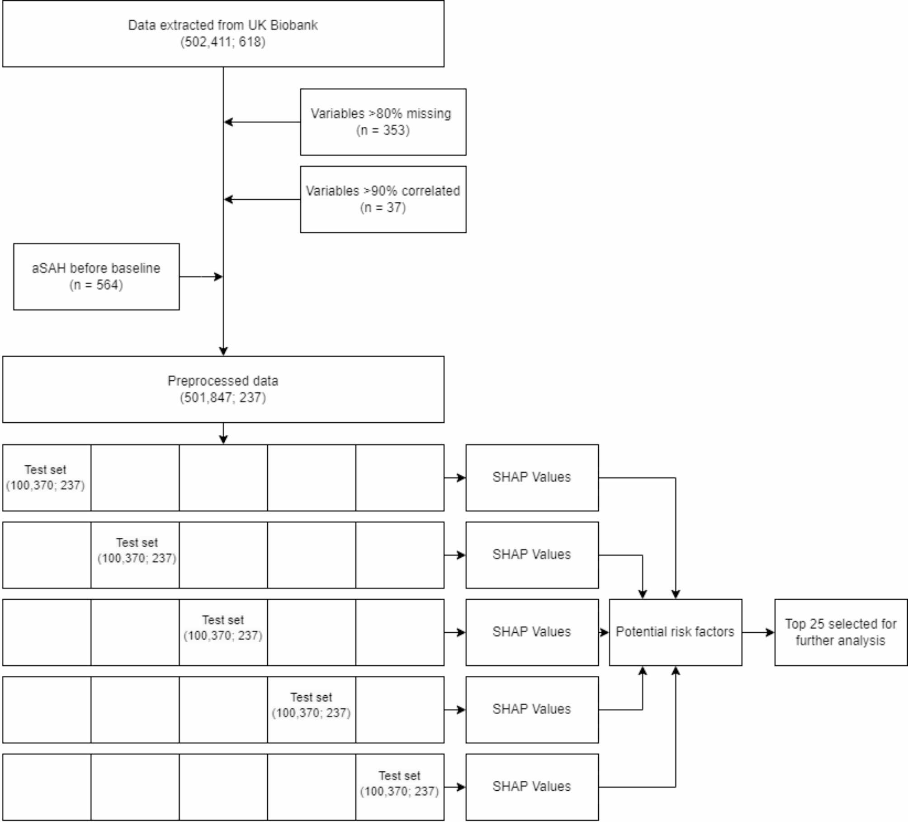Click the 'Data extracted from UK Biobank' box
click(223, 33)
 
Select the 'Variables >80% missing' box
click(383, 122)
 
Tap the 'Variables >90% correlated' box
click(383, 199)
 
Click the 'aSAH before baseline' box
click(96, 277)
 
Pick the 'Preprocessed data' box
click(223, 389)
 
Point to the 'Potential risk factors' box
click(675, 632)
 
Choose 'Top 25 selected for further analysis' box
click(841, 632)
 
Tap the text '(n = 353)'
click(383, 130)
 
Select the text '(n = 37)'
click(383, 208)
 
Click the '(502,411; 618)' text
click(223, 42)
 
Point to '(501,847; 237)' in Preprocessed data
click(223, 398)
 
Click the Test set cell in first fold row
click(46, 478)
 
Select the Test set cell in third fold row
click(223, 632)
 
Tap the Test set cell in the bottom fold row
click(400, 787)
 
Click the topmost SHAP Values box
click(532, 478)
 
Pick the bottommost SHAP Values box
click(532, 787)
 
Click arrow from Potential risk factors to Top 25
click(758, 632)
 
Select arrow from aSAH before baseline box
click(201, 277)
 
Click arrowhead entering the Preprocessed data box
click(223, 351)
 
